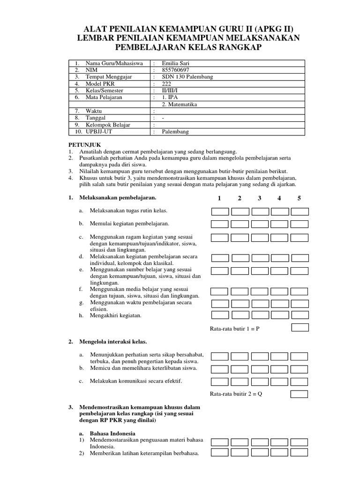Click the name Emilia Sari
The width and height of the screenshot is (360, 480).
tap(175, 63)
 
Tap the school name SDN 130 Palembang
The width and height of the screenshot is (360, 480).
tap(187, 77)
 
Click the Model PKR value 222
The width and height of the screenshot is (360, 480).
tap(166, 83)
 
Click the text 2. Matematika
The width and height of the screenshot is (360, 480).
tap(179, 104)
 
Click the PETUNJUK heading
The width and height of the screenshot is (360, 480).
tap(85, 145)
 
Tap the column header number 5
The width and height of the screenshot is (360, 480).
tap(299, 198)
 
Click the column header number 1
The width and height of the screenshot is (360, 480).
tap(219, 198)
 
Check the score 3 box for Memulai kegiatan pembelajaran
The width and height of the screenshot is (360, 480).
tap(260, 224)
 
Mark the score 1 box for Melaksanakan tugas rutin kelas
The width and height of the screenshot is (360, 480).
tap(220, 211)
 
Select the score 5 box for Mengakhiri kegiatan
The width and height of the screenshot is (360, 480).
tap(300, 315)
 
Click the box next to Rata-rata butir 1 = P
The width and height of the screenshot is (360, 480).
tap(300, 328)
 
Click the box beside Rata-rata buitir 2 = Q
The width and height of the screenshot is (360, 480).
tap(300, 394)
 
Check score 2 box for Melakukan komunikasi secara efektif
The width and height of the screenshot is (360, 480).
tap(240, 382)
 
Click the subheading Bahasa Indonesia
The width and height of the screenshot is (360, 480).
tap(112, 433)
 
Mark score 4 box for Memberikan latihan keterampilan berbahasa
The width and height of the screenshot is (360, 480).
tap(280, 453)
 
